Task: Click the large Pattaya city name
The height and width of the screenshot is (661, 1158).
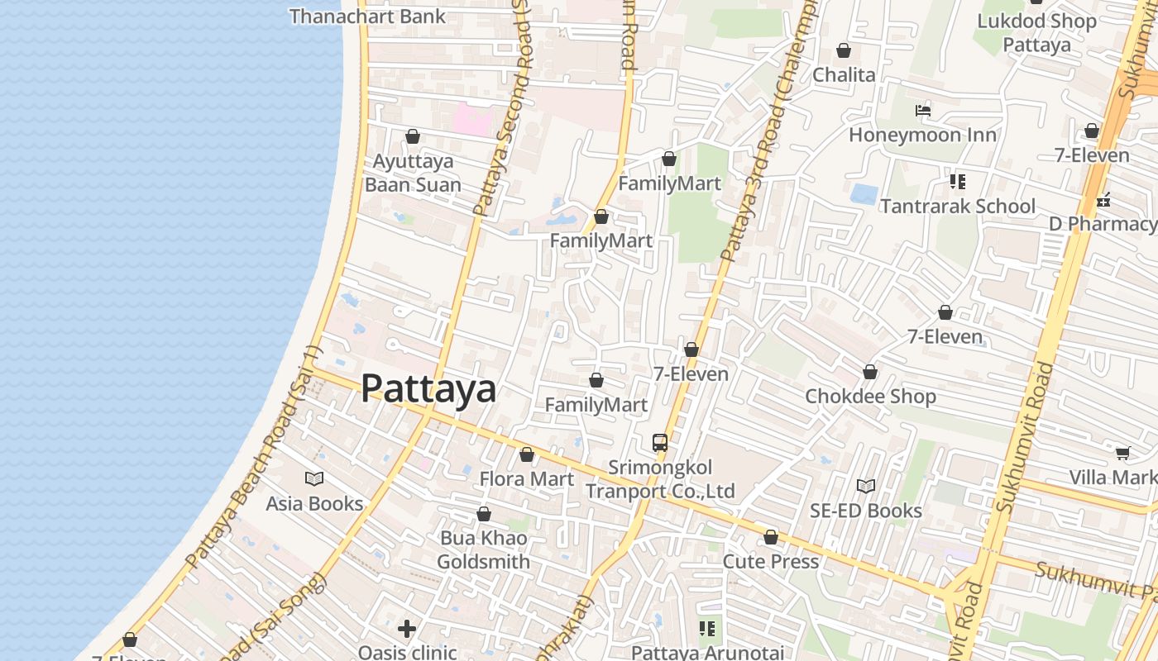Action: pyautogui.click(x=428, y=389)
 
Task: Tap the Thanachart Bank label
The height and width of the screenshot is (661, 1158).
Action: pyautogui.click(x=367, y=16)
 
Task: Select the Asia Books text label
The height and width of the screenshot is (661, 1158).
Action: pyautogui.click(x=314, y=503)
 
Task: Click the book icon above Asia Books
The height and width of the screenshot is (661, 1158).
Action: pyautogui.click(x=314, y=478)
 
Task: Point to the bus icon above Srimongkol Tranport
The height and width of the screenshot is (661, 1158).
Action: pyautogui.click(x=660, y=442)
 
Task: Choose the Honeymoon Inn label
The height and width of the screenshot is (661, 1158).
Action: pyautogui.click(x=922, y=134)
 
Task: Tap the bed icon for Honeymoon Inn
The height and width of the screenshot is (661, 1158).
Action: pyautogui.click(x=923, y=111)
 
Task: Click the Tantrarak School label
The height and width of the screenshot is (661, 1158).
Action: pyautogui.click(x=957, y=206)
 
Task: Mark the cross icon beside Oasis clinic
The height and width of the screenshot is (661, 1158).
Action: pyautogui.click(x=406, y=629)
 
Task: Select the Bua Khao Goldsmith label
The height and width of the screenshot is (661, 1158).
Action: pyautogui.click(x=483, y=549)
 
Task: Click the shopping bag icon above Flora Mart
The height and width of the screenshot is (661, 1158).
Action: pyautogui.click(x=527, y=454)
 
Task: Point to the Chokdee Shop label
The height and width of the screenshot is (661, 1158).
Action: pyautogui.click(x=870, y=396)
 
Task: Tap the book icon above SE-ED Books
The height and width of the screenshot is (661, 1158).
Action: pyautogui.click(x=865, y=487)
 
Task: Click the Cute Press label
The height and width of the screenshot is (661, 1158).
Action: pyautogui.click(x=770, y=561)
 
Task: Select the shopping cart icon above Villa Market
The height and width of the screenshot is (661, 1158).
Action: pyautogui.click(x=1122, y=453)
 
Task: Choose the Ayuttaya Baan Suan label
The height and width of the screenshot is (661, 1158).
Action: pyautogui.click(x=413, y=172)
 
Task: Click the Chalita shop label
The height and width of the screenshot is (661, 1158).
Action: pyautogui.click(x=843, y=74)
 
